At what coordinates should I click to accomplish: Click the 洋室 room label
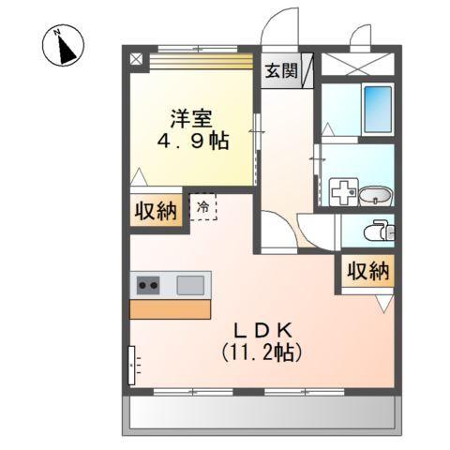click(x=191, y=119)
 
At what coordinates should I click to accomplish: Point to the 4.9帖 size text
click(x=192, y=143)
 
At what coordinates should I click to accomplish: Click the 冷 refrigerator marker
click(x=202, y=202)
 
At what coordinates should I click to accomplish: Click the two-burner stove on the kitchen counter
click(x=149, y=284)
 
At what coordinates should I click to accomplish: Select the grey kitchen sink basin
click(x=191, y=283)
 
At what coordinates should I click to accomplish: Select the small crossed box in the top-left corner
click(x=136, y=58)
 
